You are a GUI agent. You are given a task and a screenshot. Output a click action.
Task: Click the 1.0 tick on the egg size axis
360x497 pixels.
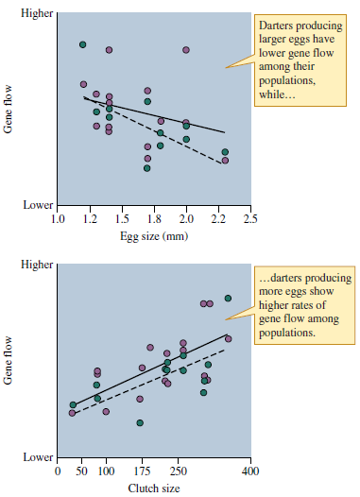(58, 218)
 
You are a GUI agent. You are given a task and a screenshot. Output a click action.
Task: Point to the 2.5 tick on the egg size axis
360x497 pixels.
(250, 218)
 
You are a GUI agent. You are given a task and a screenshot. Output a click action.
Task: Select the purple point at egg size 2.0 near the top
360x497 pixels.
(186, 49)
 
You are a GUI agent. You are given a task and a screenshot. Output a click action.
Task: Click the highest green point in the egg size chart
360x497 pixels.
(83, 44)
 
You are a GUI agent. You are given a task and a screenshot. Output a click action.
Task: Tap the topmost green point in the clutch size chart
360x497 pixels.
(228, 299)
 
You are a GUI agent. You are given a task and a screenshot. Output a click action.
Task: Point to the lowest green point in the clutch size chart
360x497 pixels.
(140, 422)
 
